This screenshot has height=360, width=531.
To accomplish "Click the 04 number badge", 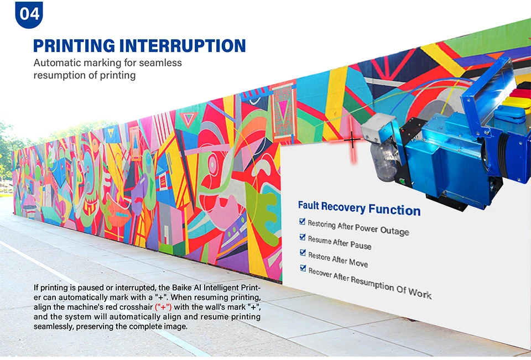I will (x=29, y=13).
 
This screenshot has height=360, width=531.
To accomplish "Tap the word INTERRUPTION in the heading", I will (x=183, y=45).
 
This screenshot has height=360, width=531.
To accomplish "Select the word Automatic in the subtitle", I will (x=56, y=62).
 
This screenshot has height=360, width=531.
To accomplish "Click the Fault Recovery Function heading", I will (x=359, y=208).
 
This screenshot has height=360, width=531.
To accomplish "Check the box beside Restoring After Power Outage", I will (x=303, y=222).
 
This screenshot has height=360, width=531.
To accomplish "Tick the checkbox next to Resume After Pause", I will (x=303, y=237).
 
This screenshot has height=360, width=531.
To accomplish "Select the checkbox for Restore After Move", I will (x=303, y=253).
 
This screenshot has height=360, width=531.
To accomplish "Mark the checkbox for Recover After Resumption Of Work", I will (x=303, y=268).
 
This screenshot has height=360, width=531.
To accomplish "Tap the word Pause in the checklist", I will (x=361, y=245).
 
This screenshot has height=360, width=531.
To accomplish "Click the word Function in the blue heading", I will (x=395, y=210).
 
